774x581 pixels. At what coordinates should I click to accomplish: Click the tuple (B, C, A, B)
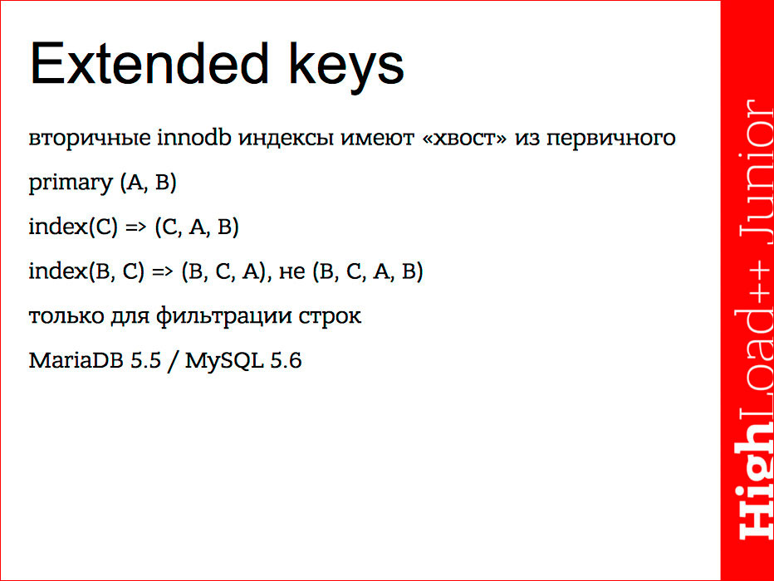coord(368,272)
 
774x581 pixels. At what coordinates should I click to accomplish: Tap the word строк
coord(331,317)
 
